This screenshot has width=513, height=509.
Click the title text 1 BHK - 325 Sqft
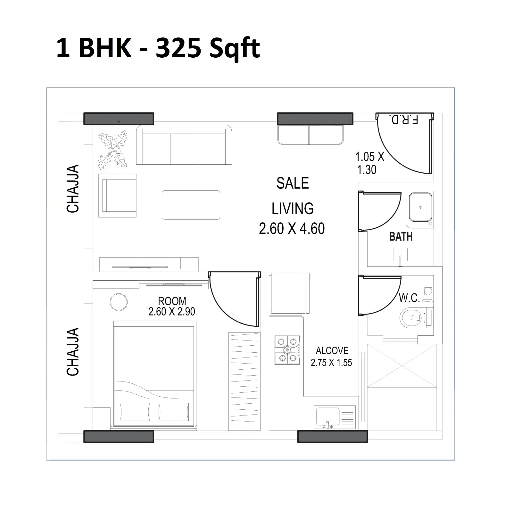158,48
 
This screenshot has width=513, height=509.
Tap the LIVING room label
293,209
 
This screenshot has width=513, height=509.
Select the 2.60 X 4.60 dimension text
292,229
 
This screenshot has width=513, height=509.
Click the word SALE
293,183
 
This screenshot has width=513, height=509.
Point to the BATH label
401,237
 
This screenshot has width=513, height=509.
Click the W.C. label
409,298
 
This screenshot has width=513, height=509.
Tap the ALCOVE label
332,351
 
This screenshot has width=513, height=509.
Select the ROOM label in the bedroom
172,301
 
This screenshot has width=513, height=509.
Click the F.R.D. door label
403,119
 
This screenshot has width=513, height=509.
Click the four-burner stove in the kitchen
287,350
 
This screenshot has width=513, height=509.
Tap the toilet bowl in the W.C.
412,317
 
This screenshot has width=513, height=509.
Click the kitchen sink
327,416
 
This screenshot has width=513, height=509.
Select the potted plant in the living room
113,150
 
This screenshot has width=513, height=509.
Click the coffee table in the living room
191,205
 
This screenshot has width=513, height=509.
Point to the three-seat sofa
184,146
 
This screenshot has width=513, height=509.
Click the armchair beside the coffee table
118,195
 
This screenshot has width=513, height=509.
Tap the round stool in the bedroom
119,302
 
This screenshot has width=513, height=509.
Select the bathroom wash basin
420,207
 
